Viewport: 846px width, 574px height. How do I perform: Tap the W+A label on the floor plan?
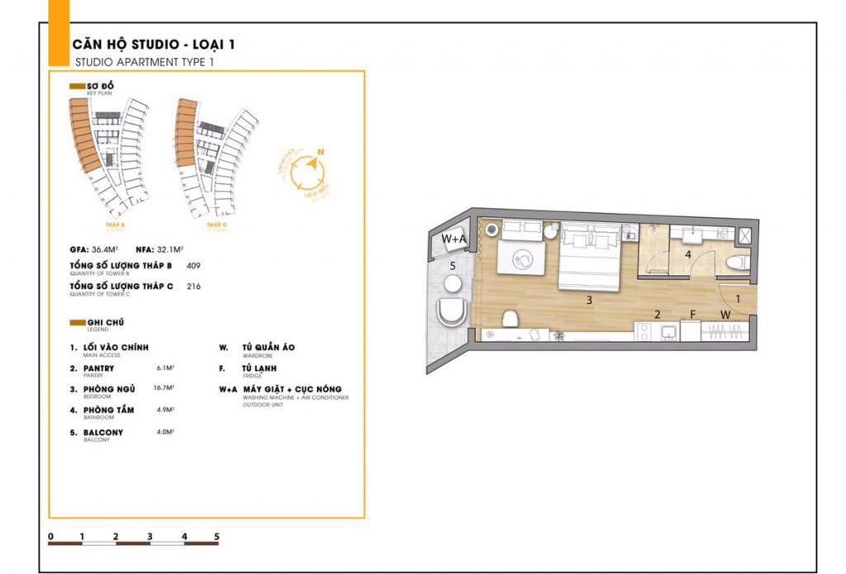click(454, 240)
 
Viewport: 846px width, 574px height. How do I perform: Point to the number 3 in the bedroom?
click(589, 301)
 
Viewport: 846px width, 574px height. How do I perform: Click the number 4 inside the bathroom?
click(688, 254)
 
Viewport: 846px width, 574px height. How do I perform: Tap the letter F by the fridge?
click(693, 314)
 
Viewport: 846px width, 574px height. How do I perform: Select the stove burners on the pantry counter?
click(644, 333)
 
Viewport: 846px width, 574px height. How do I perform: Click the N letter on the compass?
click(320, 151)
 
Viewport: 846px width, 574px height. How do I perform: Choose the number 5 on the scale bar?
click(216, 537)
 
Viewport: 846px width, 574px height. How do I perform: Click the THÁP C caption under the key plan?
click(217, 225)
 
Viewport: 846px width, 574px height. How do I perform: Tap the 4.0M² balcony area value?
click(165, 430)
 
